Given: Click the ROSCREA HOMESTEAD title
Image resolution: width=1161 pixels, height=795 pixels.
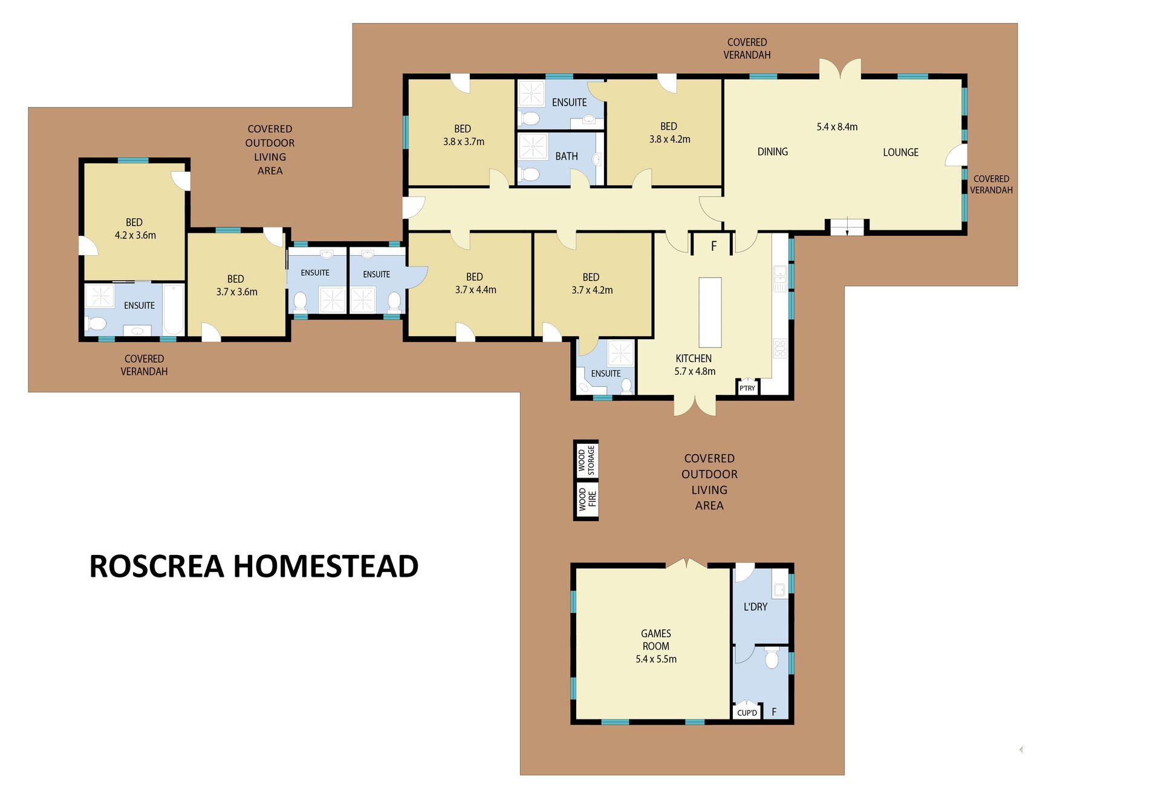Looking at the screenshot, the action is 254,566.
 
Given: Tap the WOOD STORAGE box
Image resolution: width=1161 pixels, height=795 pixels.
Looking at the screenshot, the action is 586,459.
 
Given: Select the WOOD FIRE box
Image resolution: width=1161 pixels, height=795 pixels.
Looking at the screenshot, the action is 586,500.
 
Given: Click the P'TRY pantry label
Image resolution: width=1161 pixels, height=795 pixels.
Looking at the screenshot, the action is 747,388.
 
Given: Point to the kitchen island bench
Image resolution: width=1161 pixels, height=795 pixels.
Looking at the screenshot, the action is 711,312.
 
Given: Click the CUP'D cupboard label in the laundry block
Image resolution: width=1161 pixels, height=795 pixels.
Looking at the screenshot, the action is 747,713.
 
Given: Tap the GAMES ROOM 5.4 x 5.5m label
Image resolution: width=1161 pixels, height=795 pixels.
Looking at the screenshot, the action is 656,646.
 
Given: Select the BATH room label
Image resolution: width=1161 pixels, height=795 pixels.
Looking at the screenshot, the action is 567,156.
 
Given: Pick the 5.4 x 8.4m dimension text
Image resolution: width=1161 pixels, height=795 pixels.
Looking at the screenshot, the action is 837,127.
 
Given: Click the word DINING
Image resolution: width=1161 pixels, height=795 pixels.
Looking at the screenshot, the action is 773,152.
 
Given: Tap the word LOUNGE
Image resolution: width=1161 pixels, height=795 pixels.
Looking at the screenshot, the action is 900,152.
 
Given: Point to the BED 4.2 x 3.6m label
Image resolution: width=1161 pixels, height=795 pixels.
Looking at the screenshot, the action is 135,229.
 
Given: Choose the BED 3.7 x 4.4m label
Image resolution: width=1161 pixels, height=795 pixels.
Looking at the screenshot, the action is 475,284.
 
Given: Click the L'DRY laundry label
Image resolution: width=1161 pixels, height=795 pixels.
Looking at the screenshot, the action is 755,606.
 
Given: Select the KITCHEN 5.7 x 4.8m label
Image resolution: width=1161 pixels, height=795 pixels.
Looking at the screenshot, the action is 695,365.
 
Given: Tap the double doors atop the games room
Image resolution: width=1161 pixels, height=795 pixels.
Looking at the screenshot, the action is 687,563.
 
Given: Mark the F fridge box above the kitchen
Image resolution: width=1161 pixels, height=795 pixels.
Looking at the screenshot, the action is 714,245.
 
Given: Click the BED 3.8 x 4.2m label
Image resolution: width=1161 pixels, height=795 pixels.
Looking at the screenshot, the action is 669,132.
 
